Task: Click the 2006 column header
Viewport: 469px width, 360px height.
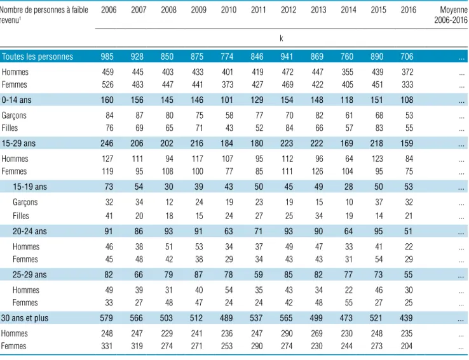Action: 109,10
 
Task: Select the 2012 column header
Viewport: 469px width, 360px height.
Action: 289,10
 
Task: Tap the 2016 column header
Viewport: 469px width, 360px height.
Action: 408,10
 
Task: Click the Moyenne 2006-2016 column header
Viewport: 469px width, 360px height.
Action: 451,15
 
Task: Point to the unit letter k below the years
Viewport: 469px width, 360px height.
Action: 281,38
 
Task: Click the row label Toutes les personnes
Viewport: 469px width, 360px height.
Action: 37,57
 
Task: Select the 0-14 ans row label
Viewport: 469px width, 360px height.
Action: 17,100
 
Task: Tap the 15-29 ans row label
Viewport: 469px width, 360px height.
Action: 18,143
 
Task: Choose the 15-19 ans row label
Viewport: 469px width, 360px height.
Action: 30,187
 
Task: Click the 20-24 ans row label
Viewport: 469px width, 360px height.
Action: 30,231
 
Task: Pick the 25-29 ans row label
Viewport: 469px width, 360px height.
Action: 30,274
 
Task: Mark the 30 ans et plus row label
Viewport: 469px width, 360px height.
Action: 25,318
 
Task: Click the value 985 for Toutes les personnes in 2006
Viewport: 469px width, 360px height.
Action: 107,57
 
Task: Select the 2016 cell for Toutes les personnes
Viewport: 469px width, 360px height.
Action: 407,57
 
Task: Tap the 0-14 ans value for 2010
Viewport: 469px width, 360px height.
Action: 227,100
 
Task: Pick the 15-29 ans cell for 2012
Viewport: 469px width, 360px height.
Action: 287,143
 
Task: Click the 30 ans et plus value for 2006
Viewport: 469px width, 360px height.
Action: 107,318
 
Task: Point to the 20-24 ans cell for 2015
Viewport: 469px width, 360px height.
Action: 378,231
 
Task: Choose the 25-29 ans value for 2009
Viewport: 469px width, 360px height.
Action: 198,274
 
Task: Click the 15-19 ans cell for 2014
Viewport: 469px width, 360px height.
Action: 348,187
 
